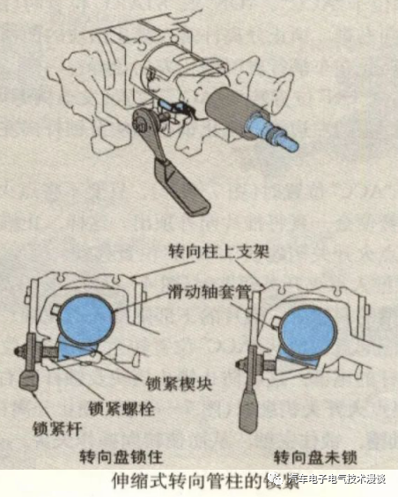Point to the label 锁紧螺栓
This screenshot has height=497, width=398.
coord(123,407)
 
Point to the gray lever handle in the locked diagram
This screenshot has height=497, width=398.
coord(30,385)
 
